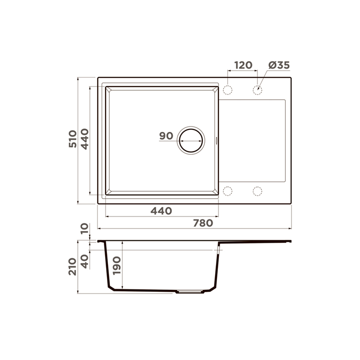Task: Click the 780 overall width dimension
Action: point(203,223)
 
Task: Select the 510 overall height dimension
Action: point(73,139)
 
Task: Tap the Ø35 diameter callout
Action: point(279,65)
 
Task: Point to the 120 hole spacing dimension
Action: point(243,65)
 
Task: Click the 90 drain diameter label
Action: point(166,136)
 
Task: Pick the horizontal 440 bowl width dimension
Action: point(161,211)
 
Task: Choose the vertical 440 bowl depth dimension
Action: point(85,139)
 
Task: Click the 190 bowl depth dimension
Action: point(117,266)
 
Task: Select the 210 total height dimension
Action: point(72,267)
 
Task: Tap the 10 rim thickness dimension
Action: point(85,228)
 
